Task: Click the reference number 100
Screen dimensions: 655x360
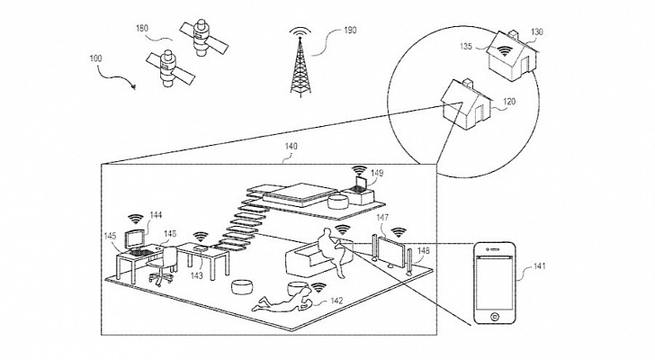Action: point(95,58)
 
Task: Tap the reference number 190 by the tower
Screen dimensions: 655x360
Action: point(350,30)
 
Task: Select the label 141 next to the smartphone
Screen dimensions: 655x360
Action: point(539,265)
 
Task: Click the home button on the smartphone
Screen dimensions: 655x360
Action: point(494,316)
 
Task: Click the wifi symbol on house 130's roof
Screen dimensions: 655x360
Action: point(505,51)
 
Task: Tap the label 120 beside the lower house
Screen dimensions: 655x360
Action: point(509,102)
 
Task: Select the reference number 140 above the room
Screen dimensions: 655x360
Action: point(291,146)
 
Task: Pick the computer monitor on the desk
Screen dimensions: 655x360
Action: point(136,239)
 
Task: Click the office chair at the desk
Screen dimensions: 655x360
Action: point(164,265)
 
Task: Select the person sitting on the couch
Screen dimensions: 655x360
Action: point(332,250)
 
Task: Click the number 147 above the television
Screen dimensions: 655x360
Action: point(382,217)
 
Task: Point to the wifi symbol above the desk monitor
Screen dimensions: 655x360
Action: point(135,219)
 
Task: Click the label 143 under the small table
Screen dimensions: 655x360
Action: point(196,275)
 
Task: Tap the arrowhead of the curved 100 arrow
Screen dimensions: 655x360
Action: point(134,87)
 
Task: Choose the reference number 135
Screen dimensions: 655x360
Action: point(466,46)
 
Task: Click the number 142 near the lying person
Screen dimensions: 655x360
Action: point(336,301)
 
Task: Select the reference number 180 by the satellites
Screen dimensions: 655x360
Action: point(142,28)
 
